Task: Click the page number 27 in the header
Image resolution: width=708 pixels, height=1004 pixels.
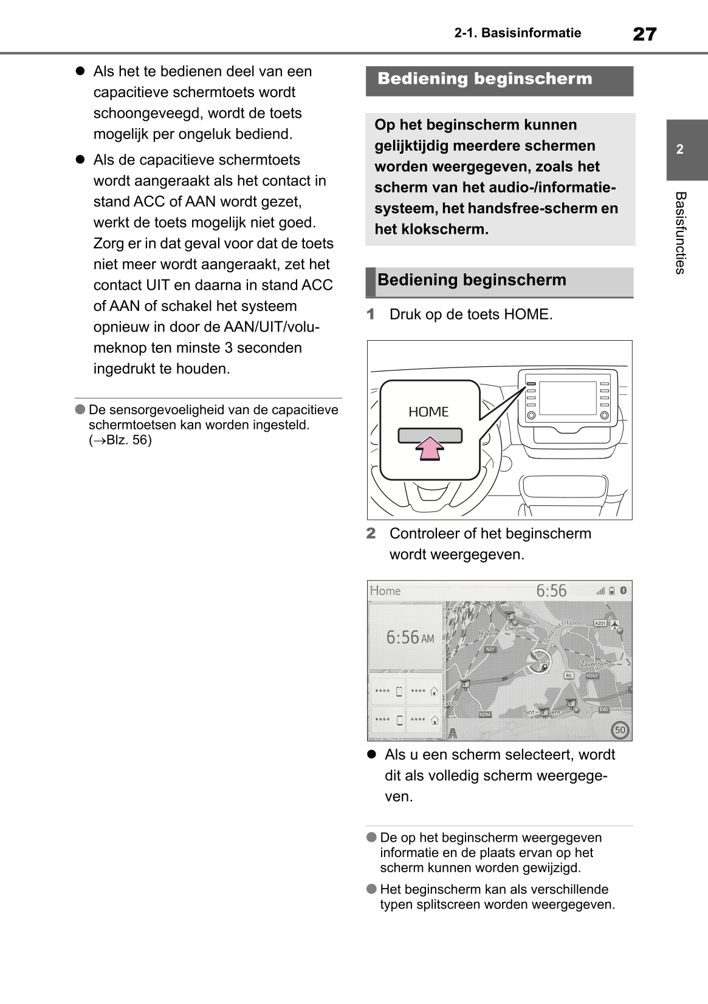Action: point(644,34)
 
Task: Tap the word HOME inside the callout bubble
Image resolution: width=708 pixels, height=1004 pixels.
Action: point(428,412)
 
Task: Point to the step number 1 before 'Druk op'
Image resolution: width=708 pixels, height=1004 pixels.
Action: point(371,315)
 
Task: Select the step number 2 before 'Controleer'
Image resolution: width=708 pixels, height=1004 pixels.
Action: point(371,533)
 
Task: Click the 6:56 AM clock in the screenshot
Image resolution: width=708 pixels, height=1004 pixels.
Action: point(410,637)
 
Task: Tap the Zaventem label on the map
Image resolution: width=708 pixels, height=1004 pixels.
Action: point(594,664)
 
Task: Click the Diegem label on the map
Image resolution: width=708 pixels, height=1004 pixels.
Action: point(515,628)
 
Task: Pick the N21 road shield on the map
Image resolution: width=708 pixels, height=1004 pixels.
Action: point(490,649)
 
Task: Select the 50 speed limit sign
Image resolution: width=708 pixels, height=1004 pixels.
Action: point(620,729)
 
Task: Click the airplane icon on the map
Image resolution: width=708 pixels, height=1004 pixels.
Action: point(615,624)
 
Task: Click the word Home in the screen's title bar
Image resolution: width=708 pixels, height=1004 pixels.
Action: point(385,590)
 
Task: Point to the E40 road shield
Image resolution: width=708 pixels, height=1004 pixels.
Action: point(603,709)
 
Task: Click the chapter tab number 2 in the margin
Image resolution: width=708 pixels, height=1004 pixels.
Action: point(680,149)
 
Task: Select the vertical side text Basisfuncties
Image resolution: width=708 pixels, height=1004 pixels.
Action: point(680,233)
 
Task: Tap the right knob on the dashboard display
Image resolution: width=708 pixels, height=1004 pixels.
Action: point(605,415)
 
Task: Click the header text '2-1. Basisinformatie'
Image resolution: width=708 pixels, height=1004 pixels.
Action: point(517,33)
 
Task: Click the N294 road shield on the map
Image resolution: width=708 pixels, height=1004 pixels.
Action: point(484,714)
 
